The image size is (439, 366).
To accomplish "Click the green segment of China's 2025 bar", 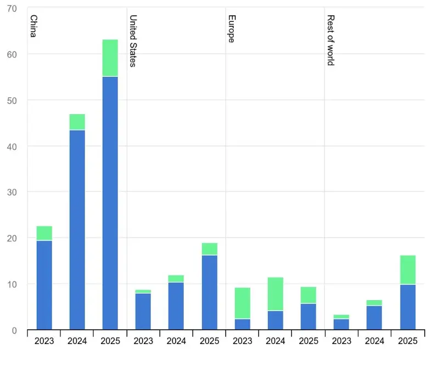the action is (x=110, y=58).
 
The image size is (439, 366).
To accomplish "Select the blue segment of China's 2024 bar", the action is (x=77, y=230).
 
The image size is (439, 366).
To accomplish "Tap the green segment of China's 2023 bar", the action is (x=44, y=233).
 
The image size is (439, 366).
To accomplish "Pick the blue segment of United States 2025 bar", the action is (x=210, y=292).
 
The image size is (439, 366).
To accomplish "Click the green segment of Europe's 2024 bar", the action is (x=275, y=294).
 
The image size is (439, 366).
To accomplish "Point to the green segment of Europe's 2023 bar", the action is (x=243, y=303).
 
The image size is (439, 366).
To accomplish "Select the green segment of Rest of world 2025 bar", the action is (x=408, y=270).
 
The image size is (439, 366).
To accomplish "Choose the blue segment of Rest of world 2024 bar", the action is (x=374, y=318).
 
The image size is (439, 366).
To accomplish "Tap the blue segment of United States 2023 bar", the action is (x=143, y=311).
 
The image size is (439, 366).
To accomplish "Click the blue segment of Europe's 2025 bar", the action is (x=308, y=317).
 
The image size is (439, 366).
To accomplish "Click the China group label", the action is (x=33, y=26).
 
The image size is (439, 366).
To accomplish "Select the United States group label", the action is (x=133, y=41).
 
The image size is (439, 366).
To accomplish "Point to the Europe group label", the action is (x=232, y=29).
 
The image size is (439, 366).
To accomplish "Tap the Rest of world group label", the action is (x=331, y=40).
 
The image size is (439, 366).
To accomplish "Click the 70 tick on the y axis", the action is (x=12, y=9).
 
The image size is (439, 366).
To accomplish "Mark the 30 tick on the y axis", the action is (x=12, y=193).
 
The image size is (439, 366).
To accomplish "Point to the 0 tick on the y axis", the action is (x=14, y=330).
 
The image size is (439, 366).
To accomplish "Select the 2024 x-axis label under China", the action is (x=77, y=341).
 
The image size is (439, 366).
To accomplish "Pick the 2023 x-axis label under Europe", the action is (x=243, y=341).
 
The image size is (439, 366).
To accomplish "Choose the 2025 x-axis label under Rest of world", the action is (x=408, y=341).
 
